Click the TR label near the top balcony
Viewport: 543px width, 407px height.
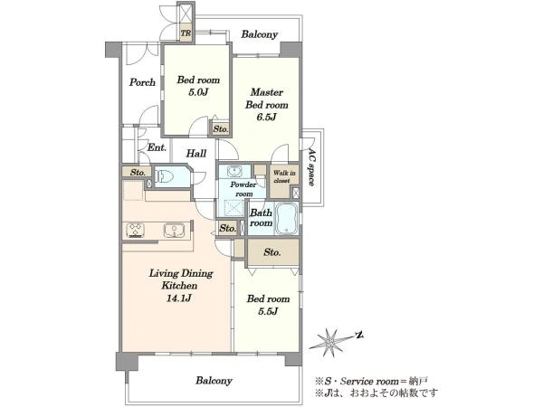[186, 33]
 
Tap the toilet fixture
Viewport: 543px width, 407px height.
[165, 177]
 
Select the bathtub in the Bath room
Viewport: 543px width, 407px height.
[286, 219]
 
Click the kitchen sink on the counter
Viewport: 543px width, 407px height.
[174, 230]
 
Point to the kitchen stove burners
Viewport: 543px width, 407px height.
[136, 230]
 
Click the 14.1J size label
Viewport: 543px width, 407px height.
[178, 298]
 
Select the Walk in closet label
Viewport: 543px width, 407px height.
[284, 176]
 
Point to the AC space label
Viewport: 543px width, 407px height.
[311, 168]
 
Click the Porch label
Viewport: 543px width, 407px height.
[142, 82]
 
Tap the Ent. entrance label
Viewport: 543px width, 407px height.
[157, 147]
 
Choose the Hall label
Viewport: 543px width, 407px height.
[196, 154]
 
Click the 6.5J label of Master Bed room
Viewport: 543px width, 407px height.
[266, 118]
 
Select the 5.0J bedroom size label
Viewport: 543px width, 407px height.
[198, 92]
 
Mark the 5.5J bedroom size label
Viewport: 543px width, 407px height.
[268, 311]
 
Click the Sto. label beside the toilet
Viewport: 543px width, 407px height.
[138, 172]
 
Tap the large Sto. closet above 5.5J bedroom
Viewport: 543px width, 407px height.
[272, 252]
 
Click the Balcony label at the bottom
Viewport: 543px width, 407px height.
[214, 381]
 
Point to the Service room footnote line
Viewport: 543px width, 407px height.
[371, 382]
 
